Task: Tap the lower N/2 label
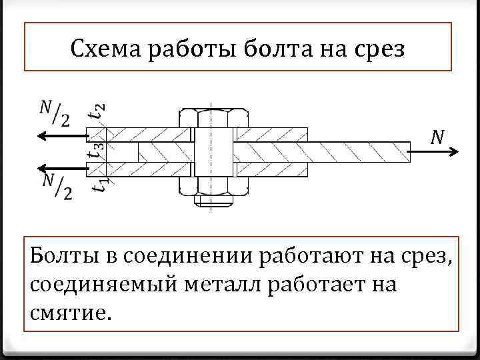point(57,185)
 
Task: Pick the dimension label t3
point(97,152)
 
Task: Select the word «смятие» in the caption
point(67,311)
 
